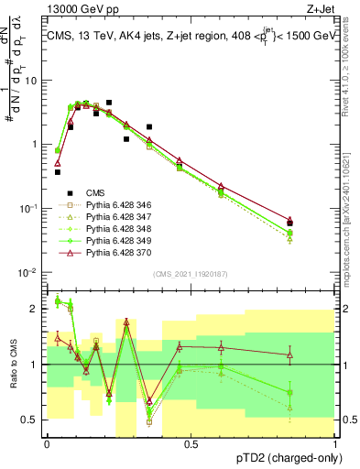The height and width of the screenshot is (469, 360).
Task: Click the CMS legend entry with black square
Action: [x=94, y=193]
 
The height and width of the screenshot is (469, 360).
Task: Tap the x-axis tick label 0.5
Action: [x=191, y=443]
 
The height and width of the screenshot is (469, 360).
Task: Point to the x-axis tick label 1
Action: [x=334, y=443]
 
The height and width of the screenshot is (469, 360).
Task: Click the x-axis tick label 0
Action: [x=47, y=443]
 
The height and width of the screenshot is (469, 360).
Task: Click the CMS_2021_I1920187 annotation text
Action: [x=191, y=273]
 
